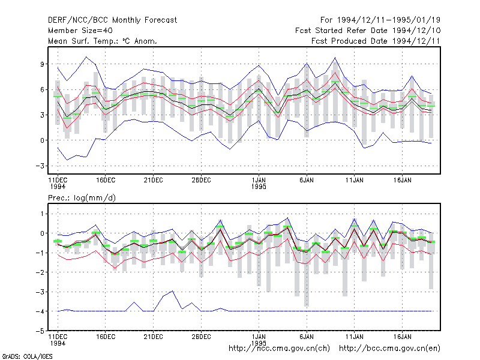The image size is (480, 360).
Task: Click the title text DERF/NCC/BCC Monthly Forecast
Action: click(112, 20)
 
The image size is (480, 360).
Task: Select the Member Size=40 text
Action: click(80, 31)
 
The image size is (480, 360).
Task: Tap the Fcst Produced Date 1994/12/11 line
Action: click(376, 41)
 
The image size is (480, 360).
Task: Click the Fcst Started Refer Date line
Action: click(368, 31)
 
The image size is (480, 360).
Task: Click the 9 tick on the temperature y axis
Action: click(42, 64)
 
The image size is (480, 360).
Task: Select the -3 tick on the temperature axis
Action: click(40, 166)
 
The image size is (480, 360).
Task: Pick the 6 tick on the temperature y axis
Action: click(42, 89)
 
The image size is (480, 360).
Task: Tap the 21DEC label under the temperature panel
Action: click(154, 180)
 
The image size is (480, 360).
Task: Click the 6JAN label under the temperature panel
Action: click(307, 180)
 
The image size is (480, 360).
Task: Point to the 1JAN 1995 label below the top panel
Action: click(259, 183)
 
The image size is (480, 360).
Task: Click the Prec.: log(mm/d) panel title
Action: click(82, 198)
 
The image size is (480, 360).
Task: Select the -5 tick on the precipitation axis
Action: click(40, 331)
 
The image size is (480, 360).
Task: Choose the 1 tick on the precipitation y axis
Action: click(42, 214)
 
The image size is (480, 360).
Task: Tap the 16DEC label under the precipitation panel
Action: click(106, 337)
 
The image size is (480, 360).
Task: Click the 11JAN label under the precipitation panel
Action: click(354, 337)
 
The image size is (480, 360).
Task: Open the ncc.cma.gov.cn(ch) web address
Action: click(279, 349)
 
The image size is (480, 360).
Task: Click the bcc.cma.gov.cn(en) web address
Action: click(389, 349)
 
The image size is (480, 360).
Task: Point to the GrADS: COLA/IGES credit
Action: click(27, 356)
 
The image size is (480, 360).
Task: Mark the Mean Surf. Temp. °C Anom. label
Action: click(103, 41)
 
